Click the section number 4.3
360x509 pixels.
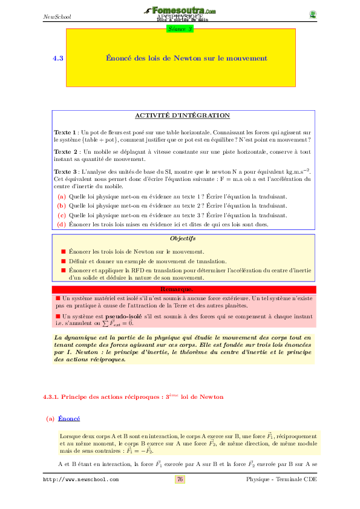click(58, 59)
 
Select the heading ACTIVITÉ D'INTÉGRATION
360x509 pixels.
click(182, 115)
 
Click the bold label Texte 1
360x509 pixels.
click(65, 131)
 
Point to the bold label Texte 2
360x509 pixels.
click(65, 151)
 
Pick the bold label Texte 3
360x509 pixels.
click(65, 171)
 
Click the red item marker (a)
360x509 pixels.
click(61, 197)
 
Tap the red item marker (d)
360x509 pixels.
click(61, 225)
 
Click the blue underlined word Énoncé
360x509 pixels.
click(69, 418)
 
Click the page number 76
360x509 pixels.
click(180, 479)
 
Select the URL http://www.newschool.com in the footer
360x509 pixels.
click(80, 479)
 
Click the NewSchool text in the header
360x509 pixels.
click(57, 16)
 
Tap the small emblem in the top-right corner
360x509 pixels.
click(312, 15)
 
